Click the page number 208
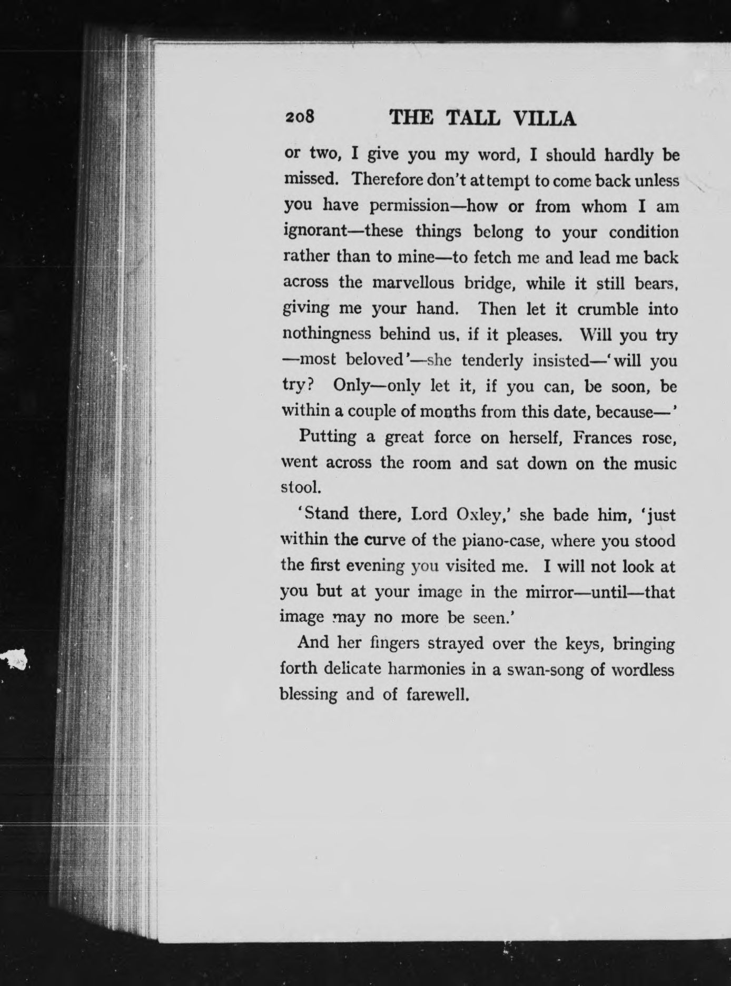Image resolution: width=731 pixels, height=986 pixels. (x=299, y=117)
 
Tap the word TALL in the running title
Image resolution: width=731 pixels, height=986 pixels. (x=472, y=119)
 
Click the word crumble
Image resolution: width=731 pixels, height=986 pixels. (x=608, y=309)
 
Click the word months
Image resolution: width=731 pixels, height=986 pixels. (x=452, y=411)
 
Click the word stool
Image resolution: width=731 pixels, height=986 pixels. (x=300, y=488)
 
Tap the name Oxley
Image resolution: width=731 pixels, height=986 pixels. (x=477, y=514)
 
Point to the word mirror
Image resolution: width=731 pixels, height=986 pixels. (x=549, y=592)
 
